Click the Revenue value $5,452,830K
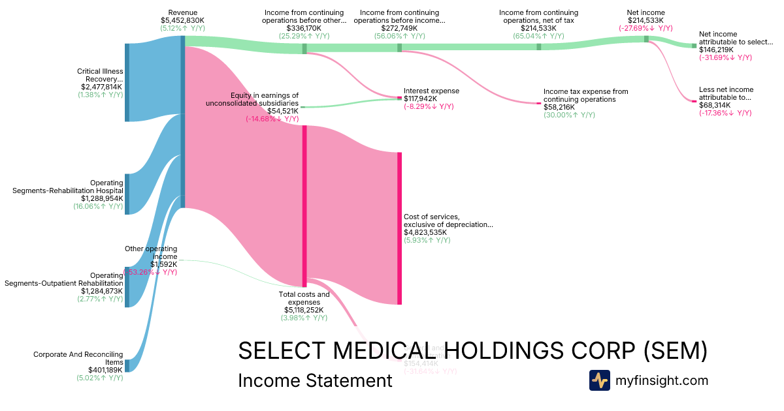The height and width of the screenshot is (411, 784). tap(182, 20)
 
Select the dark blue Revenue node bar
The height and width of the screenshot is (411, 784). tap(183, 121)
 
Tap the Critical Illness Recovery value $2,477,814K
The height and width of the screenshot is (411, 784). tap(101, 87)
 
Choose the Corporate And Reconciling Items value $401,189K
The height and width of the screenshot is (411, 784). tap(101, 370)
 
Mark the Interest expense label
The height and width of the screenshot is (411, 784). tap(431, 91)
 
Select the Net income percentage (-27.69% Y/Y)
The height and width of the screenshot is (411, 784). tap(645, 28)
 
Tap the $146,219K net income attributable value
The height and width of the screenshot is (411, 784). tap(716, 50)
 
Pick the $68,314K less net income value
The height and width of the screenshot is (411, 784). tap(716, 105)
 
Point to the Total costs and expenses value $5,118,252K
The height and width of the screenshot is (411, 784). tap(304, 310)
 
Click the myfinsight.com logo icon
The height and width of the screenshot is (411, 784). tap(599, 380)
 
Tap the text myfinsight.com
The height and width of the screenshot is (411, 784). tap(662, 380)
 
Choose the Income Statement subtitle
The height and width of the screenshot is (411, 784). tap(315, 381)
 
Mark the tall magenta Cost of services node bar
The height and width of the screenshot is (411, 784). tap(399, 228)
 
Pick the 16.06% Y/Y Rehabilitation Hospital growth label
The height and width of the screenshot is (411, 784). tap(98, 206)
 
